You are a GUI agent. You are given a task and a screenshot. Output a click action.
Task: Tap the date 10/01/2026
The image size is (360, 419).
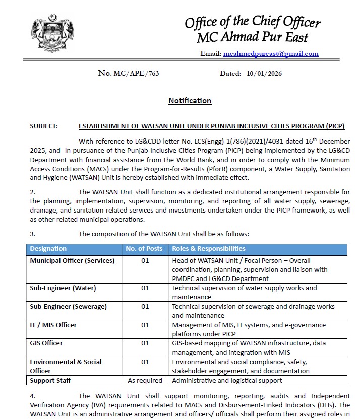tap(264, 74)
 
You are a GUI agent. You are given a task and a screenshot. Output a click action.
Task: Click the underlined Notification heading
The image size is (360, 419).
tap(190, 101)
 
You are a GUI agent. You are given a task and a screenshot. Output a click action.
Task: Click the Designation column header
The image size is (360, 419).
tap(48, 249)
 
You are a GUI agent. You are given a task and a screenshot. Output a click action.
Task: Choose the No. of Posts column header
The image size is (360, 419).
tap(144, 249)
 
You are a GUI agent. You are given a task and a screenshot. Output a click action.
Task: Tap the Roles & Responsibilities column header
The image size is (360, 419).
tap(209, 249)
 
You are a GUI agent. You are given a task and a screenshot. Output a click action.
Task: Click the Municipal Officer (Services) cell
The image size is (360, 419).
tap(72, 261)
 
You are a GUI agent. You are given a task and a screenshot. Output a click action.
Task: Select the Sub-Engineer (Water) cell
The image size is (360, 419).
tap(63, 288)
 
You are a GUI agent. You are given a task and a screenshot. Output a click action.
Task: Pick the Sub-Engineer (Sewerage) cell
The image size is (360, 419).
tap(68, 306)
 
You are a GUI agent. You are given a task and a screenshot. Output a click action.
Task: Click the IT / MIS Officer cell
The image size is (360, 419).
tap(53, 325)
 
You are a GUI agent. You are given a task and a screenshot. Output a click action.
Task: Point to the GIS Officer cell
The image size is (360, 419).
tap(46, 343)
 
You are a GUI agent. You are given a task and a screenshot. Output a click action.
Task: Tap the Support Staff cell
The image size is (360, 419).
tap(50, 380)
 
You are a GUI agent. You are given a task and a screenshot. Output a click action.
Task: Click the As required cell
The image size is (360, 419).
tap(145, 380)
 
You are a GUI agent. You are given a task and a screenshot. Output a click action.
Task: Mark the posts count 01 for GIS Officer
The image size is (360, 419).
tap(145, 343)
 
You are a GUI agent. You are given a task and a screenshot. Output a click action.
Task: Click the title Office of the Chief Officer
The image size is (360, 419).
tap(252, 23)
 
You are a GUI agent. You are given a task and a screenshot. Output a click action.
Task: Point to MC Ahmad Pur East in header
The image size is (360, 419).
tap(252, 37)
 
